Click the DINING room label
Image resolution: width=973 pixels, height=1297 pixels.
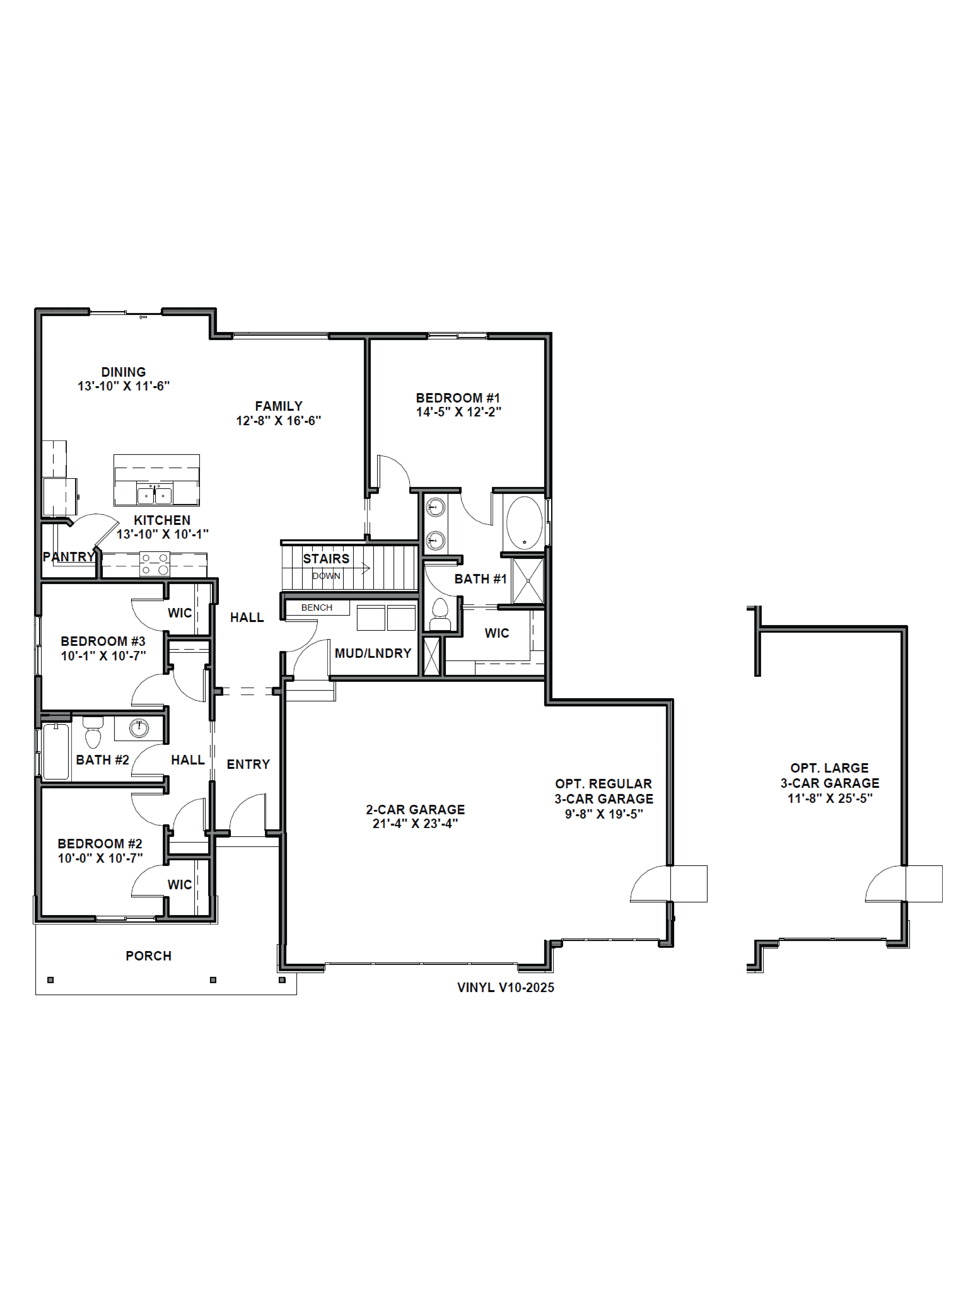[x=123, y=372]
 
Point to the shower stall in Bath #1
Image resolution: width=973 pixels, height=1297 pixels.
[x=528, y=580]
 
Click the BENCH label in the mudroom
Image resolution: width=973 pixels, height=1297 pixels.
[x=317, y=607]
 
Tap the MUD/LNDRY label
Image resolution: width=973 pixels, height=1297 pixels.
[x=373, y=653]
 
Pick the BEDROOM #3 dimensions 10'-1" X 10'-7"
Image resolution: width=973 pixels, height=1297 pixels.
[x=103, y=656]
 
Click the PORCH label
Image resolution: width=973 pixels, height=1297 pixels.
[x=148, y=956]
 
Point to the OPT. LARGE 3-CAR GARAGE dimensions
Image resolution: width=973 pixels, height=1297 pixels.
[x=829, y=798]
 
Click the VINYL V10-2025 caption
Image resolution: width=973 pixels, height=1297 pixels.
[x=506, y=987]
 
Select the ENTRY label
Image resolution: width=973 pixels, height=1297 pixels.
[x=248, y=764]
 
